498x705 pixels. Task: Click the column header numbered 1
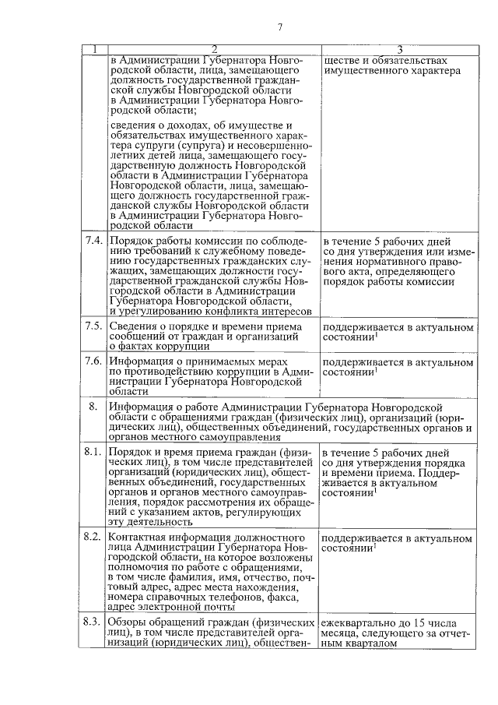tap(94, 50)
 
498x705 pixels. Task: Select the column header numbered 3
tap(398, 50)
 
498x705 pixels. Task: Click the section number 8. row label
tap(93, 407)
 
